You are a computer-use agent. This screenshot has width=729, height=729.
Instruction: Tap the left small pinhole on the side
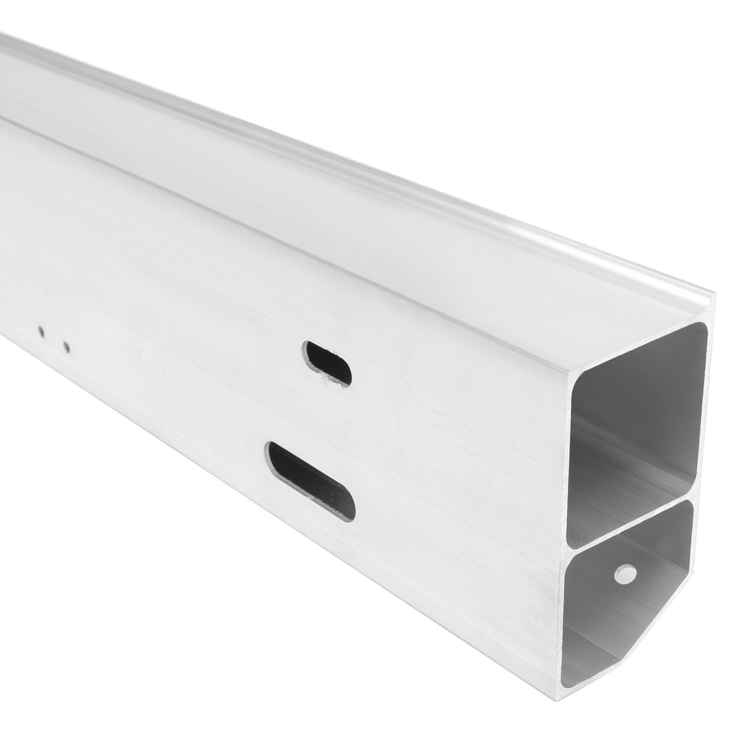41,332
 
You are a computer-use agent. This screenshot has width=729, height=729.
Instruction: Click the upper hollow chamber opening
638,410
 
